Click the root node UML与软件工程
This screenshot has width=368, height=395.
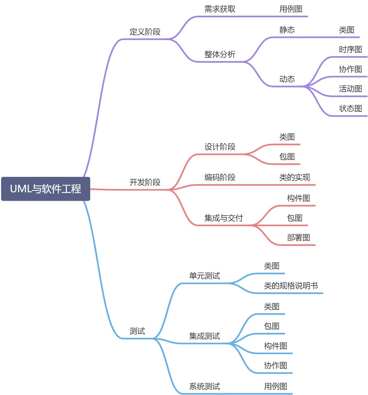pos(46,189)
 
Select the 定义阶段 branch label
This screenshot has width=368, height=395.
pos(145,32)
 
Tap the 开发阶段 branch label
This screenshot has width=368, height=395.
pos(145,182)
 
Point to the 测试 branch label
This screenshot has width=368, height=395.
pos(137,331)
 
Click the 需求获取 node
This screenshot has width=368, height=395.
pos(220,9)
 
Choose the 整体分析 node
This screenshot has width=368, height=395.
pos(220,54)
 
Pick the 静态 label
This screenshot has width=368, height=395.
pos(287,30)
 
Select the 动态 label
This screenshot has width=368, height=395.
pos(287,79)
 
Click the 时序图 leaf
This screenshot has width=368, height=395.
pos(350,50)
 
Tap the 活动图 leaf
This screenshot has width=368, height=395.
pos(350,89)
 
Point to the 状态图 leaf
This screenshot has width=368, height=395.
pos(350,109)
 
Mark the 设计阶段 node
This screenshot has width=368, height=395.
pos(220,147)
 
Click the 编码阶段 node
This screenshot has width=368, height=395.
pos(220,177)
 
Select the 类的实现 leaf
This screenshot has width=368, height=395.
pos(295,177)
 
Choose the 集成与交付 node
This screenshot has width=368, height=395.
pos(224,218)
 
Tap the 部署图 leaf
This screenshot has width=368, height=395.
pos(298,238)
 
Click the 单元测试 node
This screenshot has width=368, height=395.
pos(204,276)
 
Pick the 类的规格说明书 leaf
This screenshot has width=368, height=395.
pos(291,286)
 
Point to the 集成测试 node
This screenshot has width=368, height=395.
pos(204,336)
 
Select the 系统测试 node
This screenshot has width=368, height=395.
pos(204,386)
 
